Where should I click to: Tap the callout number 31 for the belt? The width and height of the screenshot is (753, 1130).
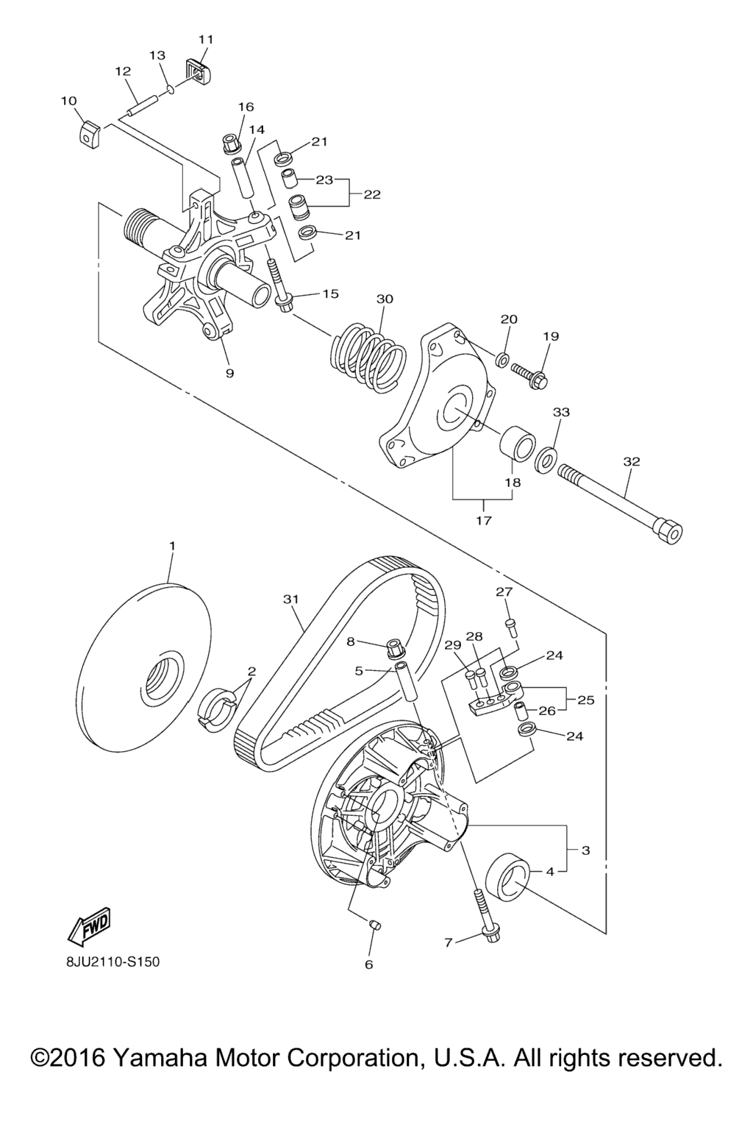point(291,600)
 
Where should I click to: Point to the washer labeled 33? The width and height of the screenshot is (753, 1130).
point(546,456)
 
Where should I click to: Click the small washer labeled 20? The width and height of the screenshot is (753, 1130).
point(502,360)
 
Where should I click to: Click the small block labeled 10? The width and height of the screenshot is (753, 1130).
point(90,132)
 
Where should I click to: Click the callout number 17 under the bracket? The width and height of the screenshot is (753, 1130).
point(483,520)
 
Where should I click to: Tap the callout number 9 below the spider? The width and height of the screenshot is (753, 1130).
point(230,374)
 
